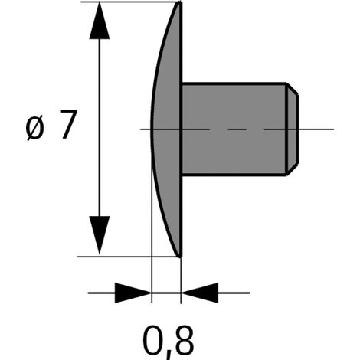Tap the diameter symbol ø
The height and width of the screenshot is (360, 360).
[x=35, y=127]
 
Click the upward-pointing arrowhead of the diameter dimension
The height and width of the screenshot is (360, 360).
[x=100, y=21]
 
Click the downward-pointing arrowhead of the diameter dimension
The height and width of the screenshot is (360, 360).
[x=100, y=235]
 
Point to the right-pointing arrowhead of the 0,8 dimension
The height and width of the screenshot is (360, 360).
[x=133, y=293]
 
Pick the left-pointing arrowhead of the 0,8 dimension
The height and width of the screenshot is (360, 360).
[x=200, y=293]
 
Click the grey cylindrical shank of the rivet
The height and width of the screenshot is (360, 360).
[x=234, y=129]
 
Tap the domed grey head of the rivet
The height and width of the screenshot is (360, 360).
[x=167, y=129]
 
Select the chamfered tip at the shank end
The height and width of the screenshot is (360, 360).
[x=292, y=129]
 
